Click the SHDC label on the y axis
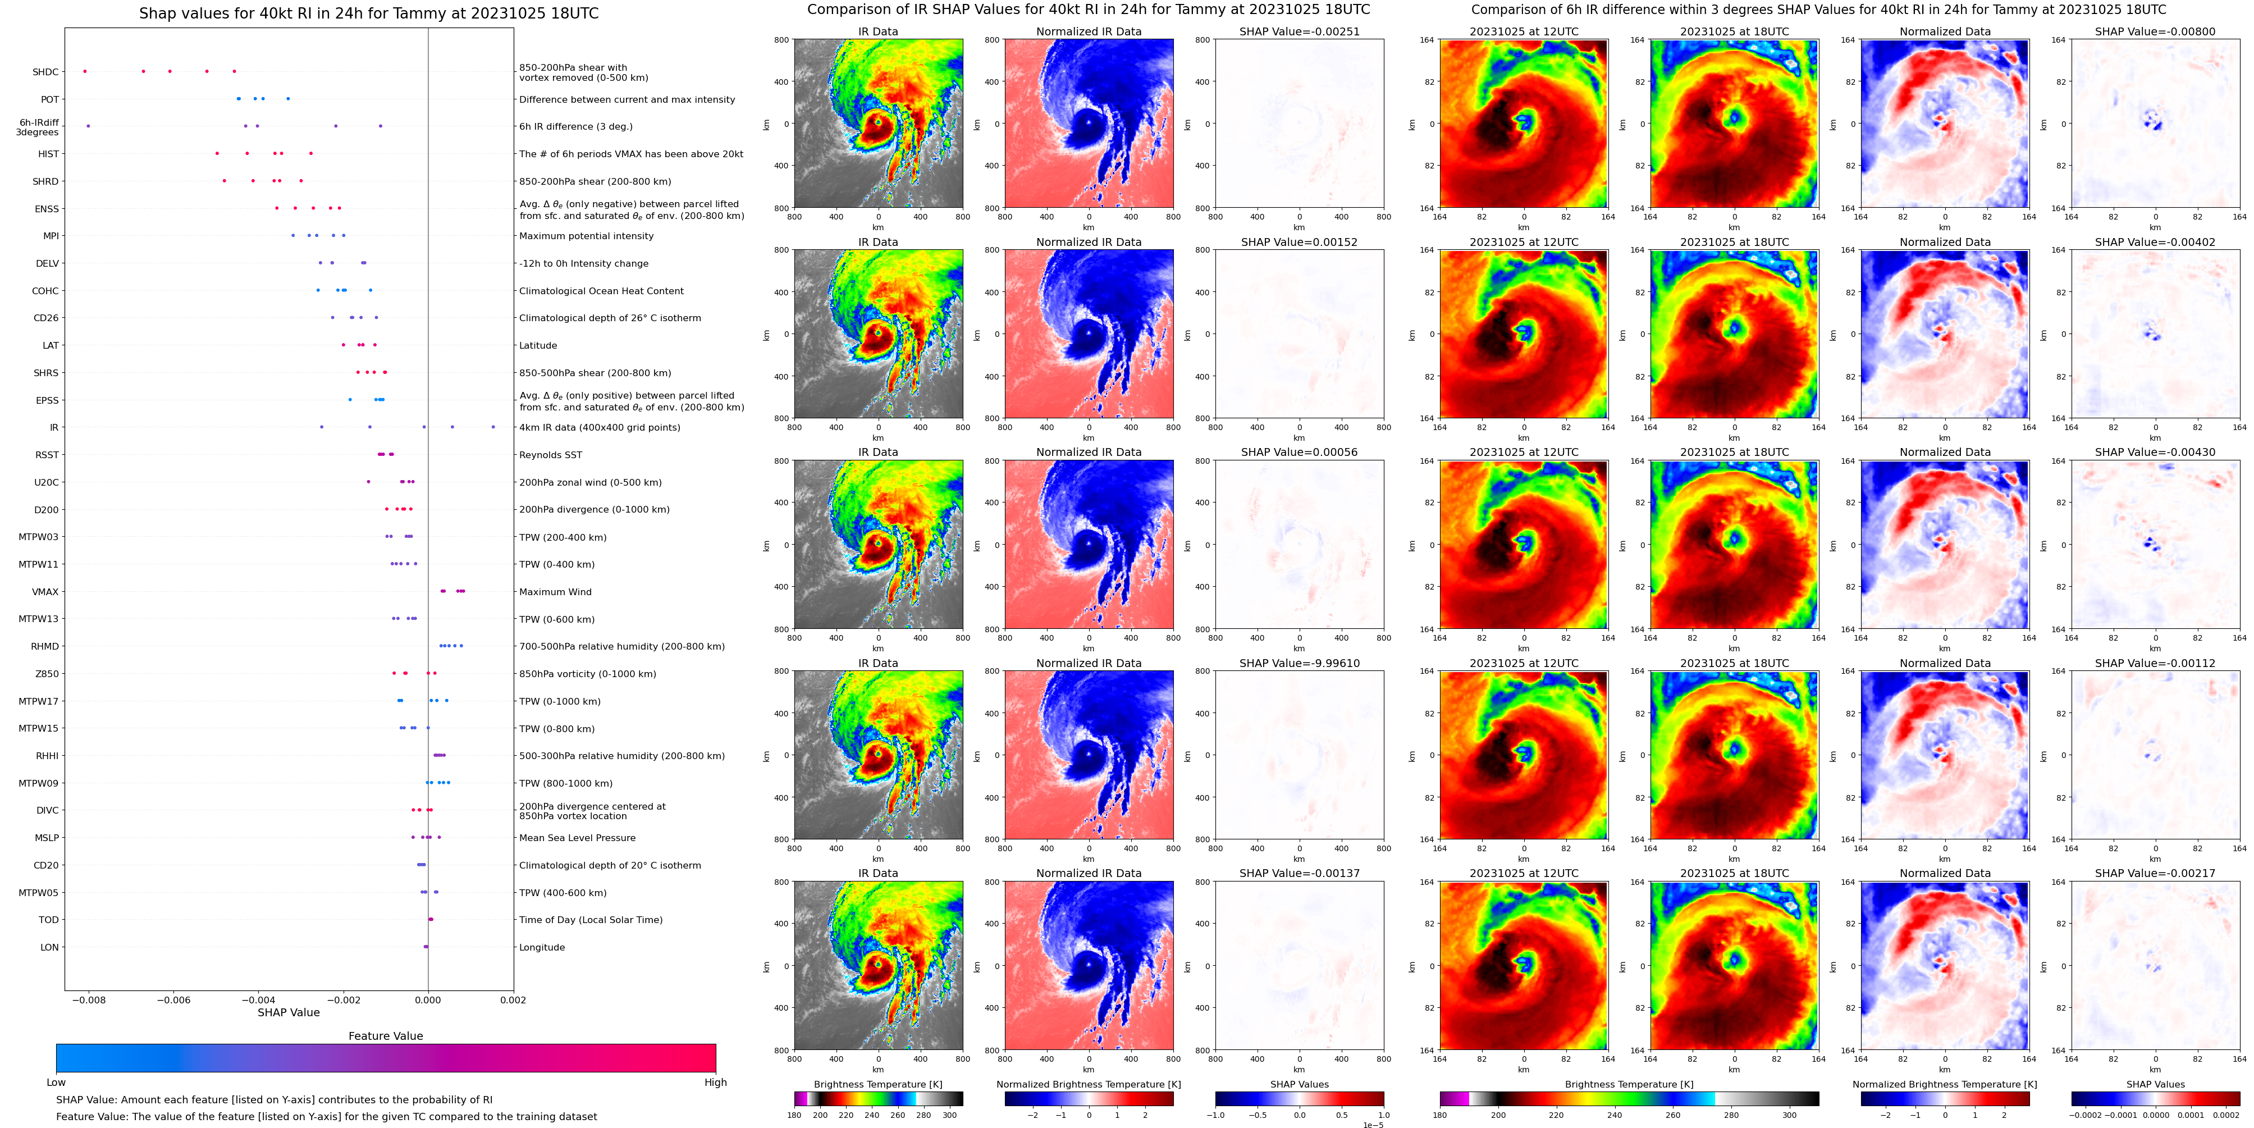(45, 72)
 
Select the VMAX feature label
(45, 592)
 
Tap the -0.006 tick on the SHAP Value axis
(172, 999)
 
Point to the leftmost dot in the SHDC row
(85, 71)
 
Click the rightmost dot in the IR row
(493, 427)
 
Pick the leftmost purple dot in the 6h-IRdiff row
(88, 126)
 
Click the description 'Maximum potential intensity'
(586, 236)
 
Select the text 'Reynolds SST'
(550, 455)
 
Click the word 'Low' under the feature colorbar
(56, 1083)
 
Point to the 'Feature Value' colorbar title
(385, 1036)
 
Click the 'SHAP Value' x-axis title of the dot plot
(289, 1012)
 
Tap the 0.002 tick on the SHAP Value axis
(513, 999)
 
